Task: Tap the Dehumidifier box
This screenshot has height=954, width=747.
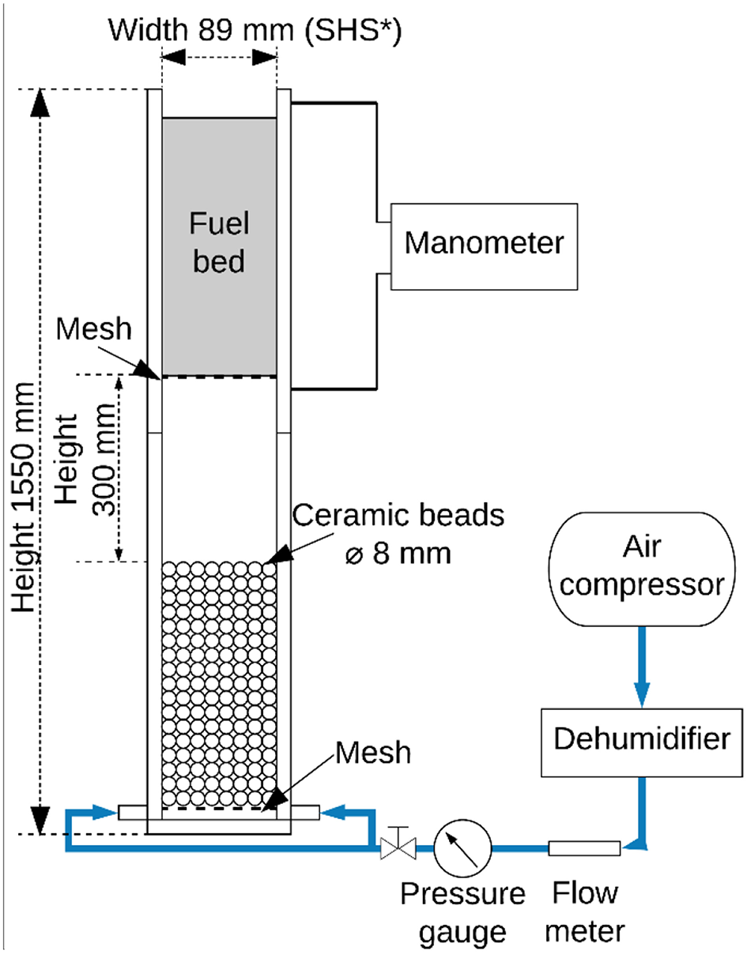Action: [x=641, y=740]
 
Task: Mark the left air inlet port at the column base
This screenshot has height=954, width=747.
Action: [x=132, y=811]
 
